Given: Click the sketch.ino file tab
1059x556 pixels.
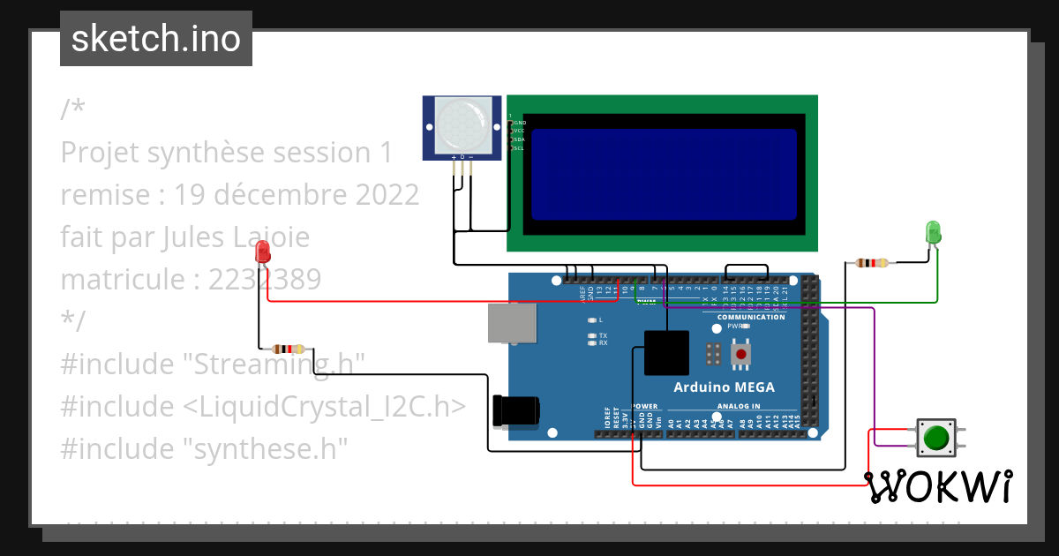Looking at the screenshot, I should pos(155,39).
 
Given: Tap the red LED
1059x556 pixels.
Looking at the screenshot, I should pos(262,253).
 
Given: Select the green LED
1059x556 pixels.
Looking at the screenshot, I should pos(933,232).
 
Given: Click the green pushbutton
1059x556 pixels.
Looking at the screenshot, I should pos(935,437).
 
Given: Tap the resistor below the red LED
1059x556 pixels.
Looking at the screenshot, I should pos(288,349).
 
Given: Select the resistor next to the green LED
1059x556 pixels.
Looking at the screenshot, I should pos(872,262).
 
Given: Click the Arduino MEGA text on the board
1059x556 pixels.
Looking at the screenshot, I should pos(724,387).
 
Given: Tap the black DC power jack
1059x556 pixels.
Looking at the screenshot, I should pos(515,411).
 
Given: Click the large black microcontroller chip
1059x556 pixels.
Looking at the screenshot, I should pos(666,353).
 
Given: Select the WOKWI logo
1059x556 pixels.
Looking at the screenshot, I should pos(937,486).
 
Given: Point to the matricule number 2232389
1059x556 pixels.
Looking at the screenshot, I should pos(265,280).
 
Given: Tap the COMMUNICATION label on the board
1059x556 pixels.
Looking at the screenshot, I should pos(750,317).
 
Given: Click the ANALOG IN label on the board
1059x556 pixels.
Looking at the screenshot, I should pos(738,407).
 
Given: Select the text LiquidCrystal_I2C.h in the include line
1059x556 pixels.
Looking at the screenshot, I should pos(326,406).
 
